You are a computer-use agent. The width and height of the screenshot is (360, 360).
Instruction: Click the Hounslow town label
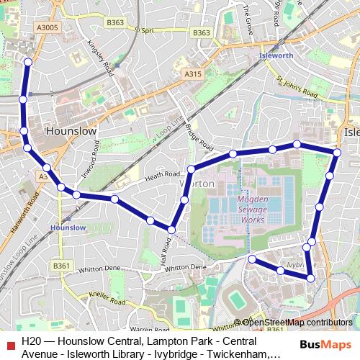click(71, 132)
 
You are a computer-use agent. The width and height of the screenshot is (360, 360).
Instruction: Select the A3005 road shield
click(45, 27)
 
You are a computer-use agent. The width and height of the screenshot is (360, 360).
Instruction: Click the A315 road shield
click(192, 74)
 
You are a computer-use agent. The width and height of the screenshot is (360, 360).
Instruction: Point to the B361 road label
click(61, 266)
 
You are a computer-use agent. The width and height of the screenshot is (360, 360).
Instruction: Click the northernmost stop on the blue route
click(28, 61)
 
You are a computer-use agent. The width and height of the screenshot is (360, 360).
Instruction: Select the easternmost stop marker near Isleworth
click(337, 152)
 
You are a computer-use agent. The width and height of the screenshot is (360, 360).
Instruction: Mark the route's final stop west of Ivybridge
click(252, 258)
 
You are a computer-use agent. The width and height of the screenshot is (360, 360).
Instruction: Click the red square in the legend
click(9, 343)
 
